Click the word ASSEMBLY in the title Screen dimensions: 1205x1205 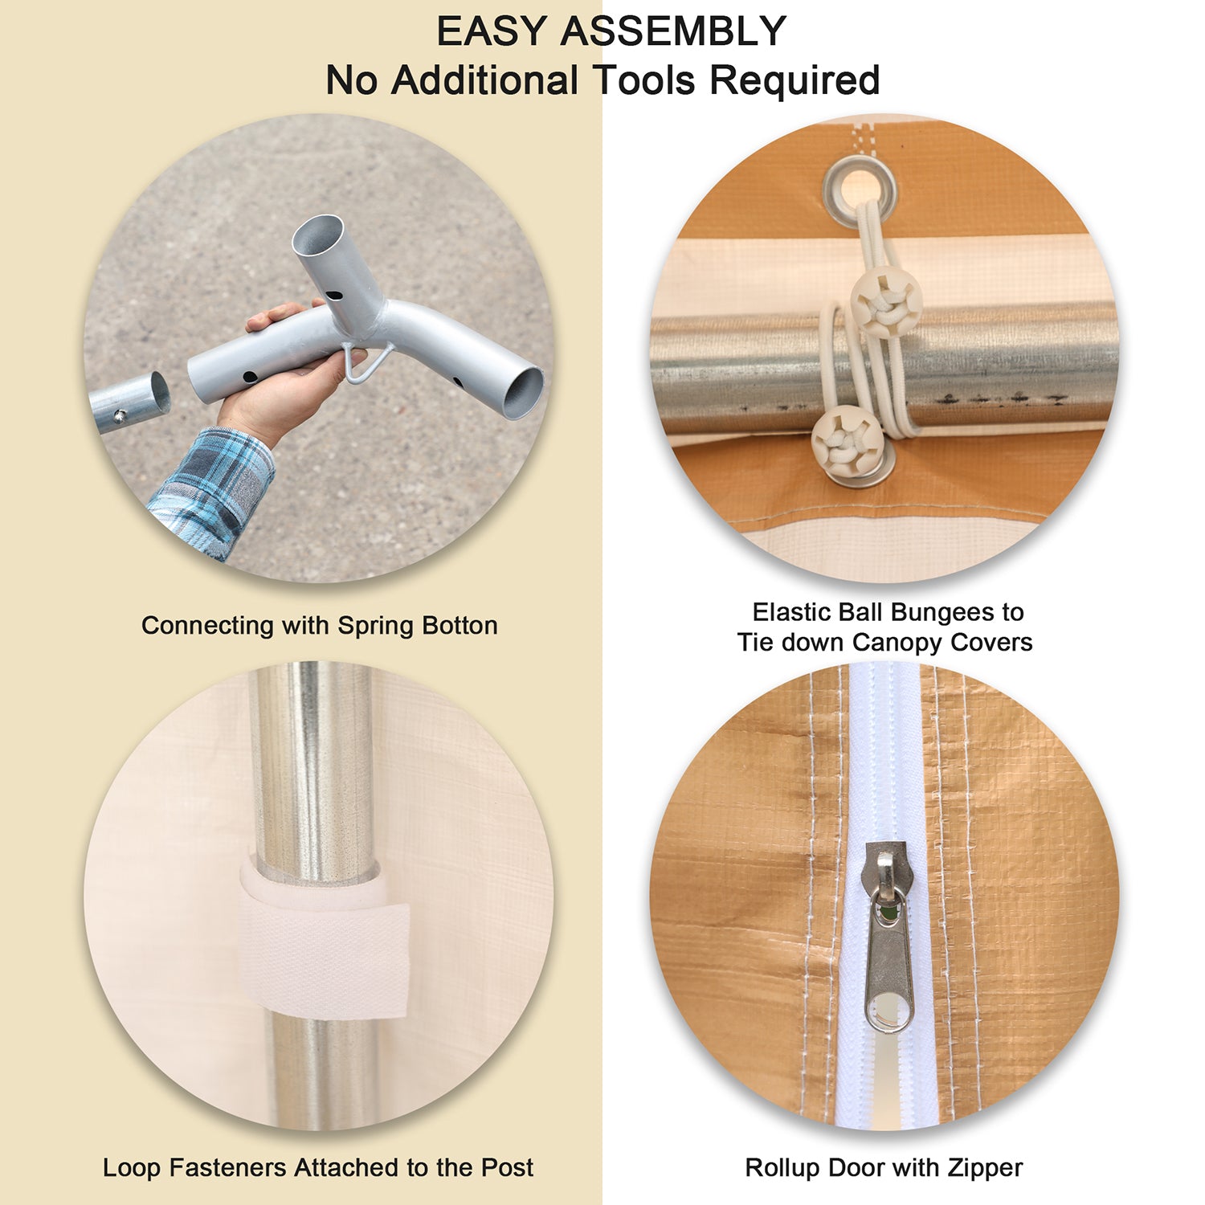coord(673,32)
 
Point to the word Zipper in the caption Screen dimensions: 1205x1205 coord(984,1168)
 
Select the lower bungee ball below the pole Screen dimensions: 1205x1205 coord(844,440)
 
